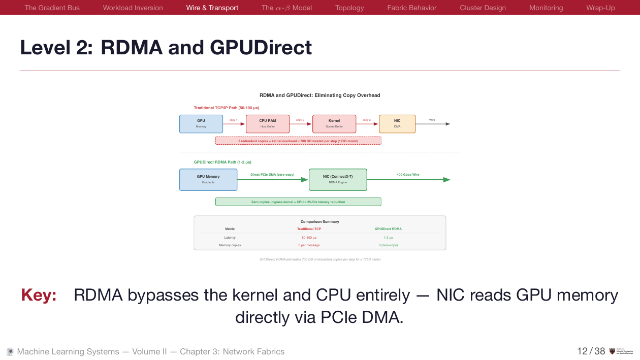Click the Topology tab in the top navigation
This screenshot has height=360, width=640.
coord(349,8)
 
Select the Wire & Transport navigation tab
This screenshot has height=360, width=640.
coord(212,8)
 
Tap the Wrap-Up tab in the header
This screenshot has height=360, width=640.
coord(600,8)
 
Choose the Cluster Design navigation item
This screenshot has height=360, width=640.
coord(483,8)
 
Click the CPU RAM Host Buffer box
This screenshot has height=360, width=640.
coord(268,124)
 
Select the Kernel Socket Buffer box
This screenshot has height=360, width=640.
coord(334,124)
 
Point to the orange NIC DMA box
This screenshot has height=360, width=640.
coord(397,124)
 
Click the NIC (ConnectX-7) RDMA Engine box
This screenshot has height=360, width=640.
coord(338,179)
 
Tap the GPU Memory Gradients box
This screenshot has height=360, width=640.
coord(208,179)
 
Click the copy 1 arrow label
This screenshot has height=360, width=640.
coord(233,120)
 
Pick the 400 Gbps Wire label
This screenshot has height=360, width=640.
coord(408,175)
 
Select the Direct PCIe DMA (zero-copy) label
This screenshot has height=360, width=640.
coord(272,175)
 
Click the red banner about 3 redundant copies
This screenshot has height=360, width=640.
coord(298,141)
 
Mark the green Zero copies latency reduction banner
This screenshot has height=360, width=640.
coord(298,202)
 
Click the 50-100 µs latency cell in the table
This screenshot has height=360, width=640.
coord(309,237)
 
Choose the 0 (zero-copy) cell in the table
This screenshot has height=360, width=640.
coord(388,245)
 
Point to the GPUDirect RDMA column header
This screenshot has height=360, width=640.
coord(388,229)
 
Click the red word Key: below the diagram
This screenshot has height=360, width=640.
coord(39,295)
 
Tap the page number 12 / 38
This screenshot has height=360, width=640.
coord(591,351)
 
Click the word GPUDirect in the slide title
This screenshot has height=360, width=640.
coord(260,47)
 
